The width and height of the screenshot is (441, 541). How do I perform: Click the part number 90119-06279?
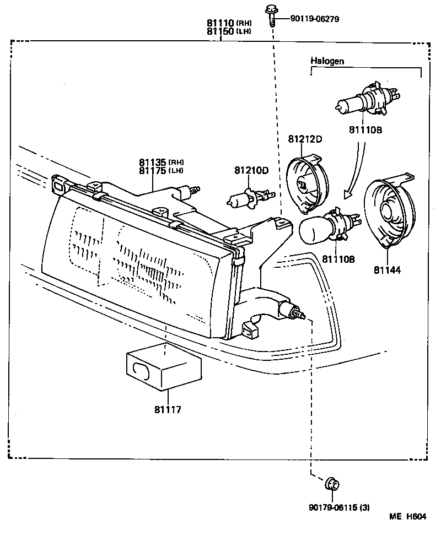click(x=314, y=19)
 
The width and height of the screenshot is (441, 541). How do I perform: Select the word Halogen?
click(x=327, y=61)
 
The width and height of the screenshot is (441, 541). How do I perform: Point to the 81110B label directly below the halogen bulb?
click(x=365, y=131)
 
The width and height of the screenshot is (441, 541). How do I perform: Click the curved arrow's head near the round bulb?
click(x=347, y=193)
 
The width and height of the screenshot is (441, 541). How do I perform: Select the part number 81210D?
click(x=250, y=170)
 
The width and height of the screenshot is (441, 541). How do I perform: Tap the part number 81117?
click(x=168, y=409)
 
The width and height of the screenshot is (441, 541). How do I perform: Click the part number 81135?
click(x=153, y=162)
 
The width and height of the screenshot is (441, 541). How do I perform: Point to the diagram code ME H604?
click(x=408, y=516)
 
